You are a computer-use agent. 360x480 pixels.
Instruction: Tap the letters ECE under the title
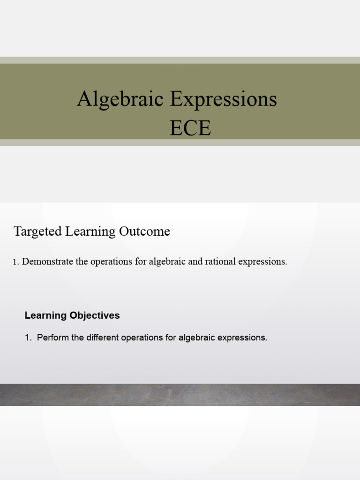(190, 128)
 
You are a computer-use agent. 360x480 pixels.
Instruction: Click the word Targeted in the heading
(36, 232)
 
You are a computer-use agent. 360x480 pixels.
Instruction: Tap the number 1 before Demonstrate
(15, 262)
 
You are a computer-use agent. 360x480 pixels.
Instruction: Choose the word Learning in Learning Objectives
(45, 315)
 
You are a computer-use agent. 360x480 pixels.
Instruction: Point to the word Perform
(53, 337)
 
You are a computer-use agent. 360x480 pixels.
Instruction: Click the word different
(102, 337)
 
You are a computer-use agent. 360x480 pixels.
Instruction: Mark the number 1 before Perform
(28, 337)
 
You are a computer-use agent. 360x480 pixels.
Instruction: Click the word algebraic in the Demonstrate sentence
(167, 262)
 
